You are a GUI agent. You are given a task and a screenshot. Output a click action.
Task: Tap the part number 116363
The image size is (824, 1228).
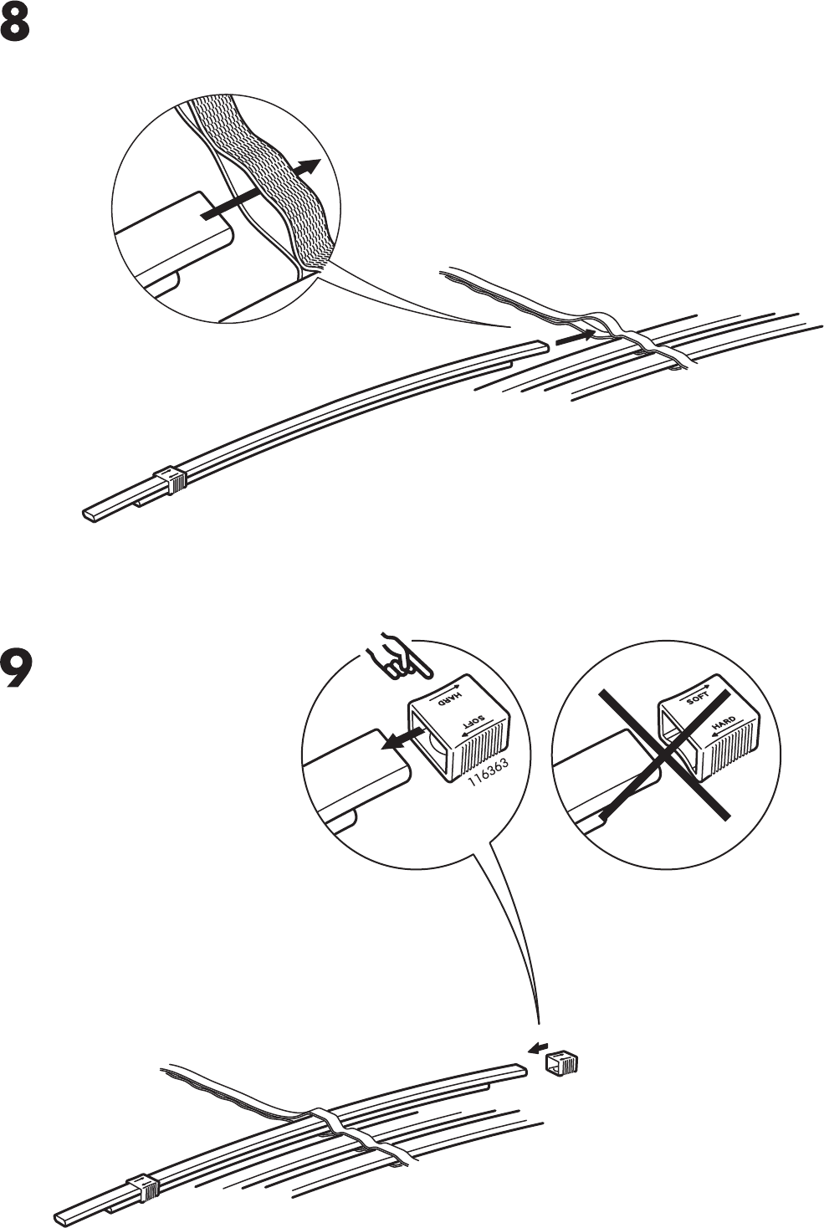[x=488, y=772]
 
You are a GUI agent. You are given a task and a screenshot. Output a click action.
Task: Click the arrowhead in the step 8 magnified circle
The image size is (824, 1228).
[x=310, y=166]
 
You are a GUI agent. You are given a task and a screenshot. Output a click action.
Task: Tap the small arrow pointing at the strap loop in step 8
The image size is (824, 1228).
[x=576, y=336]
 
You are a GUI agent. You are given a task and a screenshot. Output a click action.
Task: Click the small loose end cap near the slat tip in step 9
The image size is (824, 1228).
[x=562, y=1063]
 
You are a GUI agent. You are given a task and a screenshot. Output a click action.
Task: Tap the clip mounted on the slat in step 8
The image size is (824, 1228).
[x=171, y=479]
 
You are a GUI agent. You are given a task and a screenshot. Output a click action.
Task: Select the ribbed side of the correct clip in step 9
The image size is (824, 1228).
[x=480, y=745]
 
